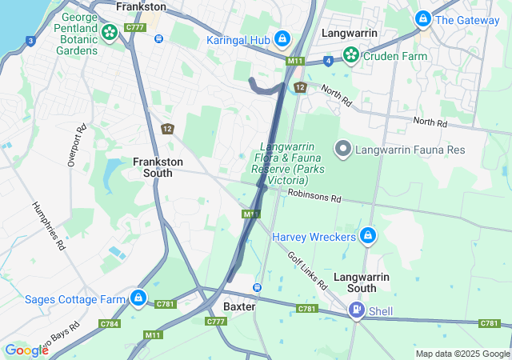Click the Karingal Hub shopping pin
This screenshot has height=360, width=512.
pos(282,38)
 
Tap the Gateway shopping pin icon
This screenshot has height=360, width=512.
pos(423,18)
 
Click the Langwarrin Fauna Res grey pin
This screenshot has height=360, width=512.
pos(343,148)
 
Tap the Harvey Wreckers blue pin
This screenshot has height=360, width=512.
pos(368,236)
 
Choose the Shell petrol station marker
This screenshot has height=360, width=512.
pos(356,310)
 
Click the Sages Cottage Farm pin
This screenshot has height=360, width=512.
pos(138,298)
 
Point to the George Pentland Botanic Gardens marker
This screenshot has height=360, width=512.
pos(110,33)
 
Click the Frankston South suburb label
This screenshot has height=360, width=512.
pos(158,167)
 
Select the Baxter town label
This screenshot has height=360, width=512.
pos(239,306)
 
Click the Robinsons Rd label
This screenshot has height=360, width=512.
pos(314,194)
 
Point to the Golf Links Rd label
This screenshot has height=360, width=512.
pos(307,270)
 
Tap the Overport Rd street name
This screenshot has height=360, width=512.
pos(75,145)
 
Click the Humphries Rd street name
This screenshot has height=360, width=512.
pos(47,225)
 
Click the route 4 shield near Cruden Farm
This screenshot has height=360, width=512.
pos(328,60)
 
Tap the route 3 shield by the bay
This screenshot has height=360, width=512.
pos(30,40)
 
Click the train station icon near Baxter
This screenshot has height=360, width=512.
pos(257,287)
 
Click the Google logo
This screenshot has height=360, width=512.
pos(26,350)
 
